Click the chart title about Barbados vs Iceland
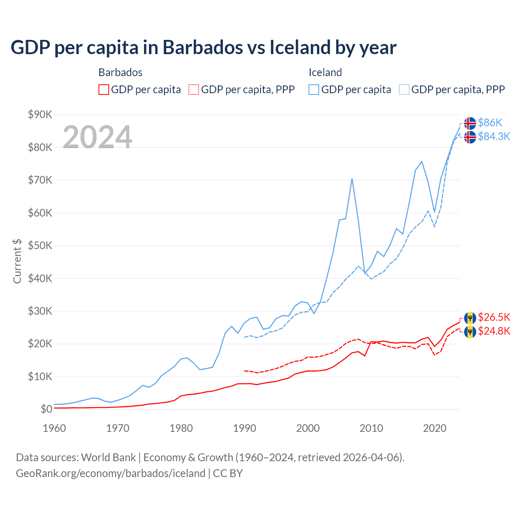(203, 48)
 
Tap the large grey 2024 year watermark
(97, 137)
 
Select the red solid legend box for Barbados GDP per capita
(104, 90)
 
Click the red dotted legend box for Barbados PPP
(194, 90)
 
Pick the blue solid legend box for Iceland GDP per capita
(314, 90)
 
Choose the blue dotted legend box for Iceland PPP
(404, 90)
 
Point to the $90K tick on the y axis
(40, 114)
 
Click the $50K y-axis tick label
(40, 246)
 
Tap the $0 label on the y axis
(46, 409)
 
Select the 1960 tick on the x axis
(54, 428)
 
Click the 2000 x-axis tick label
(308, 428)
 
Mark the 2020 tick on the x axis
(435, 428)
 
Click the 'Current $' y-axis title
(17, 261)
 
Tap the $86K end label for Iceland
(490, 123)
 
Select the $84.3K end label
(494, 136)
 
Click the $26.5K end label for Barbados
(494, 317)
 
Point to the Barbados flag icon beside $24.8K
(470, 332)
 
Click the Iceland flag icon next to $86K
(470, 123)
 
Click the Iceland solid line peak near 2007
(352, 179)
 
